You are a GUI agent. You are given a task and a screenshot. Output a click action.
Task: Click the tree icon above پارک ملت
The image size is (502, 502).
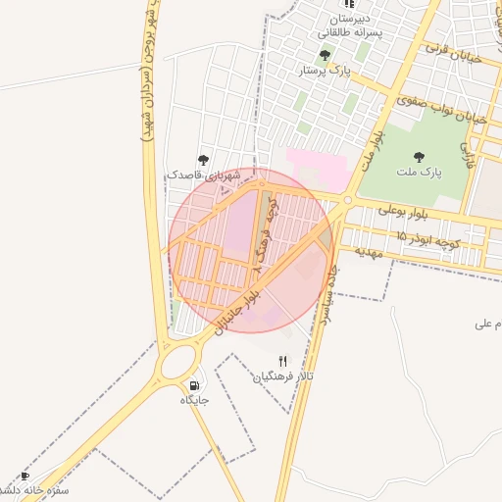(420, 156)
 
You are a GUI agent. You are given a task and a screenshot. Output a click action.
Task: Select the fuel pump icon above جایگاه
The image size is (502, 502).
(194, 384)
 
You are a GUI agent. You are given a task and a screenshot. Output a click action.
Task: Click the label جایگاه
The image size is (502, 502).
(195, 400)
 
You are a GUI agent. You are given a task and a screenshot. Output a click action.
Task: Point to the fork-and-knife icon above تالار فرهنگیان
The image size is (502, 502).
(283, 360)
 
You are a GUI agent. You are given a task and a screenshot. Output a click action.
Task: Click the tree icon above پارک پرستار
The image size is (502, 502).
(325, 55)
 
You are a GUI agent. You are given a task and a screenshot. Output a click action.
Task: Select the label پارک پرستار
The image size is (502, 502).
(326, 71)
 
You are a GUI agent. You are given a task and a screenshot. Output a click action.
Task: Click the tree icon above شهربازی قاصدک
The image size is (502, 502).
(204, 159)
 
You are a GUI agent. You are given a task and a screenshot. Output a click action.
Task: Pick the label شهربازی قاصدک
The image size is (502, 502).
(204, 175)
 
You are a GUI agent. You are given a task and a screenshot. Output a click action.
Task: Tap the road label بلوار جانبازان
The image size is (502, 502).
(239, 311)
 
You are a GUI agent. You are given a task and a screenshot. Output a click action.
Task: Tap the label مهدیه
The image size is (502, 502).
(367, 252)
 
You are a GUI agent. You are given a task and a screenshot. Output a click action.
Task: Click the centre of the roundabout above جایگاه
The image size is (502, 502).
(180, 362)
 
